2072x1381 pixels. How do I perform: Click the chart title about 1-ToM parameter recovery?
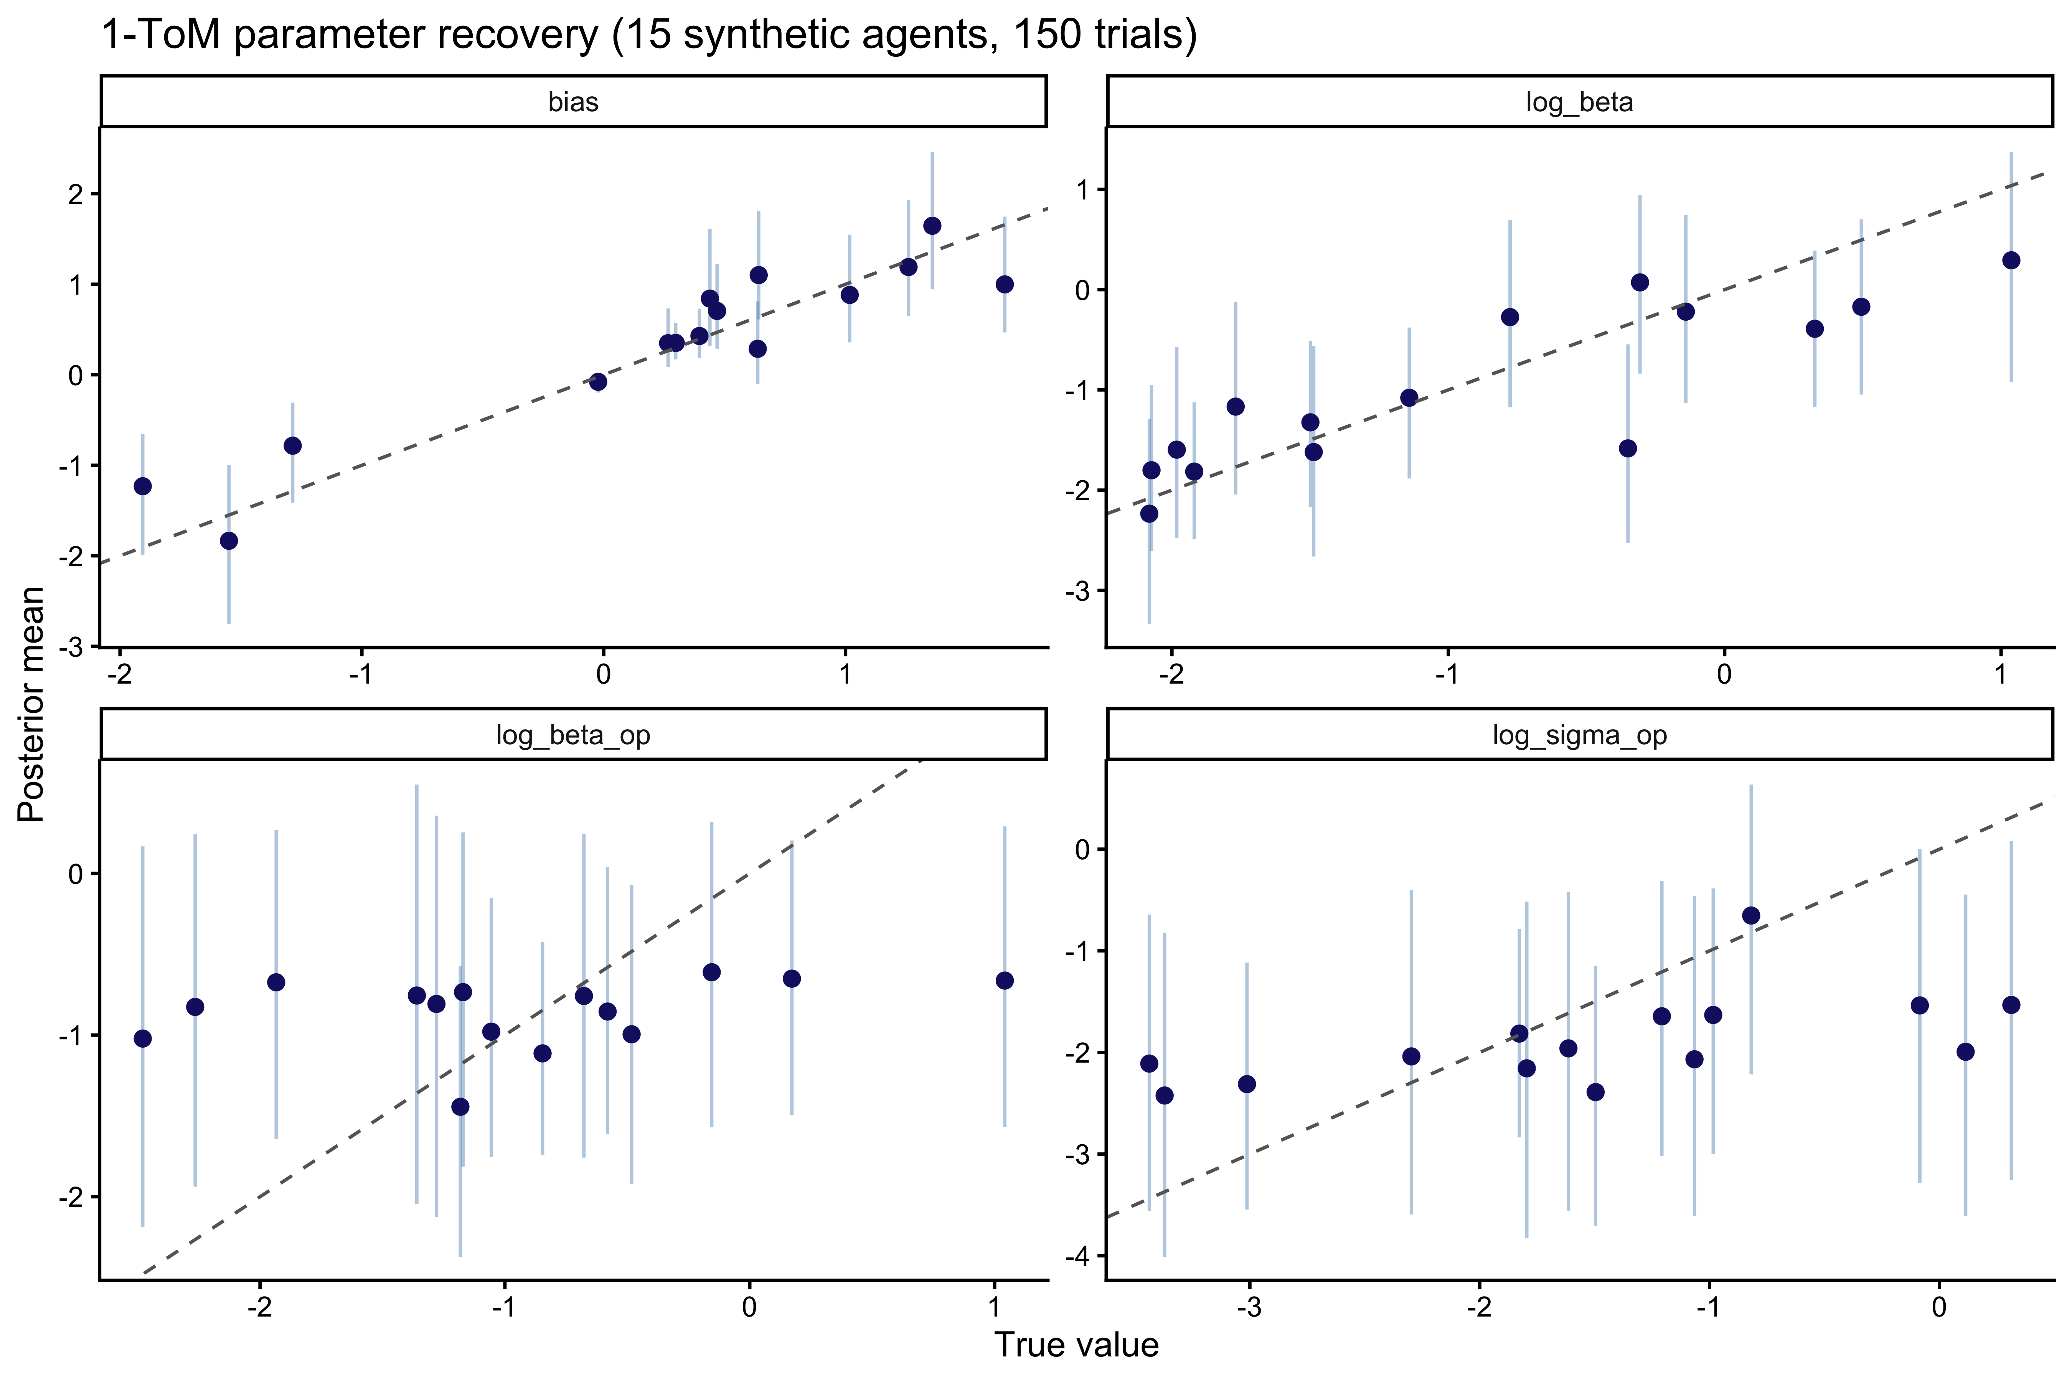tap(649, 35)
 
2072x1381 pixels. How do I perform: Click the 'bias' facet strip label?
tap(574, 102)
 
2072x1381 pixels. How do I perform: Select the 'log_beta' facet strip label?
tap(1580, 102)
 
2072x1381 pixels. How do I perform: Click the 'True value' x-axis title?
tap(1077, 1345)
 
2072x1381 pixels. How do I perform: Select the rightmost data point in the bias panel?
tap(1004, 285)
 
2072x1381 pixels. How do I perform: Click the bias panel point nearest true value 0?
tap(598, 381)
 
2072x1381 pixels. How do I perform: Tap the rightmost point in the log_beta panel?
tap(2011, 260)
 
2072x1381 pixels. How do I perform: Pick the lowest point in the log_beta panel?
tap(1149, 514)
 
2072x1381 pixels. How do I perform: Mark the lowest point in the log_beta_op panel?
tap(460, 1107)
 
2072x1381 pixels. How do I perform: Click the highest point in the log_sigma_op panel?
tap(1751, 916)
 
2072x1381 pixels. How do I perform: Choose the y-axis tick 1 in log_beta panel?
tap(1082, 190)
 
